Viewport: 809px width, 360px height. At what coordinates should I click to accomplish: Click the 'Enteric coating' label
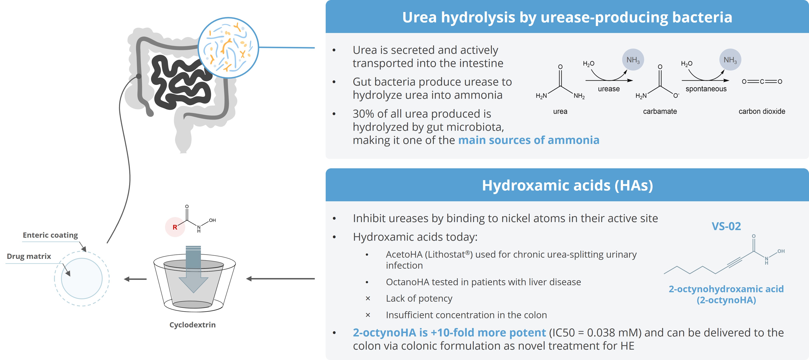(50, 235)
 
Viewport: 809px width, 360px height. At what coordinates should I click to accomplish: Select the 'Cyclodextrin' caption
(192, 325)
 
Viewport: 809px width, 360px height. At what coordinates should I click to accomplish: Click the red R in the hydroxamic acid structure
(175, 227)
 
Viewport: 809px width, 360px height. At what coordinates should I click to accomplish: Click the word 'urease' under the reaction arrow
(609, 89)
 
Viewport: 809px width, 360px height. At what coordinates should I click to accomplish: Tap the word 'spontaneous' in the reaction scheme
(706, 89)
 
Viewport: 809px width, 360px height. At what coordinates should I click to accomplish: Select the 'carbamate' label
(660, 111)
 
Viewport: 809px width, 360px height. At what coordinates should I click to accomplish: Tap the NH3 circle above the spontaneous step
(730, 60)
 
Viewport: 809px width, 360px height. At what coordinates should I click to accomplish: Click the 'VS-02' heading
(726, 226)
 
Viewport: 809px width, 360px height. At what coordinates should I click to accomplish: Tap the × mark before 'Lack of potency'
(368, 298)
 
